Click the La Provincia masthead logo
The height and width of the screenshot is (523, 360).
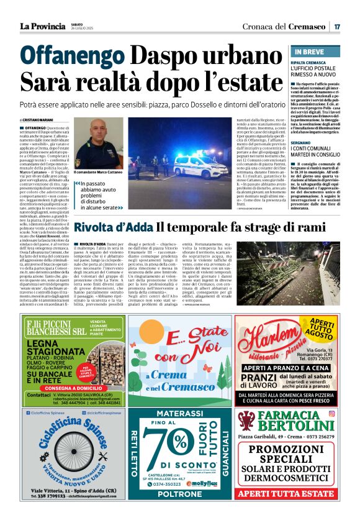42,26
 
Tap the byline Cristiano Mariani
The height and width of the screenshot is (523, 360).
37,120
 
